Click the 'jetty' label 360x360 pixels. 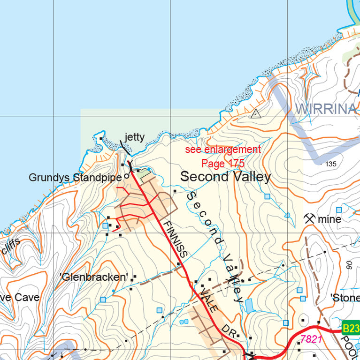pos(134,137)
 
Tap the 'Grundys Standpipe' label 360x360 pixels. pos(75,178)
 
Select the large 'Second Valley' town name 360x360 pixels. pos(225,177)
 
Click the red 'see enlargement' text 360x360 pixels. pos(222,150)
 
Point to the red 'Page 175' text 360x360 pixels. pos(222,164)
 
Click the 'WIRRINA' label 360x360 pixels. pos(327,109)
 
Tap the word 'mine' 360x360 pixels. pos(329,219)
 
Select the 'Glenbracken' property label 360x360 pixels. pos(94,277)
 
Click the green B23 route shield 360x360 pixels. pos(350,328)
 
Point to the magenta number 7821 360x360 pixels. pos(311,339)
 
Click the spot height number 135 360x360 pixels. pos(331,164)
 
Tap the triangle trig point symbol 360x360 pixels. pos(255,113)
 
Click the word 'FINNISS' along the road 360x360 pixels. pos(176,239)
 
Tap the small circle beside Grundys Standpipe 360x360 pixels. pos(126,177)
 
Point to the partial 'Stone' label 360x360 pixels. pos(345,298)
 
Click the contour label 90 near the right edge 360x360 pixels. pos(349,265)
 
